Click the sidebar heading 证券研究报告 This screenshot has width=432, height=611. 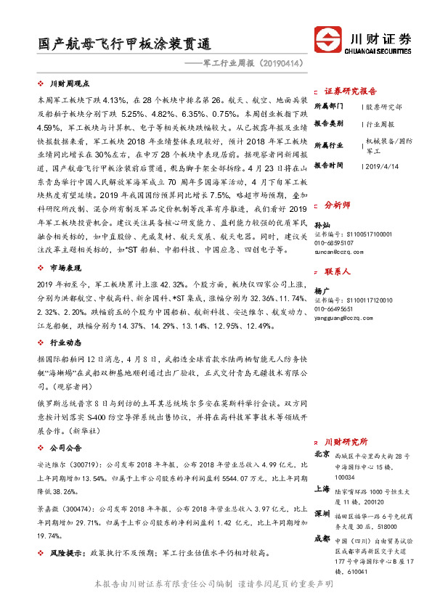tap(350, 91)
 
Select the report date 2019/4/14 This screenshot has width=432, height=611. tap(382, 165)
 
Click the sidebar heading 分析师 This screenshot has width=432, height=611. tap(337, 205)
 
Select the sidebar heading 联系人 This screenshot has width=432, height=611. tap(337, 272)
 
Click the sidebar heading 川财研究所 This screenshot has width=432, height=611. tap(346, 440)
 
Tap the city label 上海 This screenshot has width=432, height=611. tap(322, 489)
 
